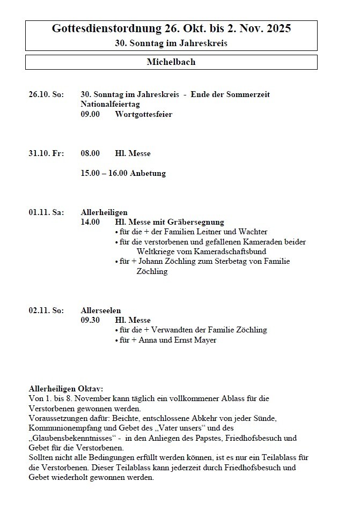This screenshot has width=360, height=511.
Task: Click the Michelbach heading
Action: (171, 62)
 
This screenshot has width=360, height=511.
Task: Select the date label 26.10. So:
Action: (46, 94)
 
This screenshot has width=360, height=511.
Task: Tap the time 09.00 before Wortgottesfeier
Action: (90, 114)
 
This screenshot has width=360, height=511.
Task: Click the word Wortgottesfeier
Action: (143, 114)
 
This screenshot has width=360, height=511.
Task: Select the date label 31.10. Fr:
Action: (46, 153)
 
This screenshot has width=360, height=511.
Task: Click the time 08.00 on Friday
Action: (90, 153)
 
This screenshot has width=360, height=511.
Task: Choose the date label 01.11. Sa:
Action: (46, 212)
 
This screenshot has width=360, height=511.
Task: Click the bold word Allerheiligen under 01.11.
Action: (104, 212)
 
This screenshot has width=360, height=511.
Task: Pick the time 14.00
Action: (90, 222)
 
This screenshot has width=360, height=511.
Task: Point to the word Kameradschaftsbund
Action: (232, 251)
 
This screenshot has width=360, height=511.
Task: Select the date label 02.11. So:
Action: (46, 310)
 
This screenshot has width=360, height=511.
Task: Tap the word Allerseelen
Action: (101, 310)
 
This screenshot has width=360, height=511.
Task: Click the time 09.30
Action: (90, 320)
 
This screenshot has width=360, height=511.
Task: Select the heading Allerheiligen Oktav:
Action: (66, 388)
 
